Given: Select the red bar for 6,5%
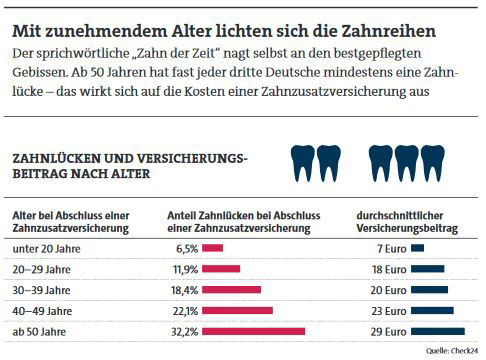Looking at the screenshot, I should [x=212, y=247].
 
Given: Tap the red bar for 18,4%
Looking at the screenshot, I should [x=231, y=289].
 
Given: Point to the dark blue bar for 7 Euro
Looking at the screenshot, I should [x=418, y=247].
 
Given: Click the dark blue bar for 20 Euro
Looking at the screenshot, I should [x=430, y=289].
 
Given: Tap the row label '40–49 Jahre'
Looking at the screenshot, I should [x=40, y=310].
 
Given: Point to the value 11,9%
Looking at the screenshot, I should [x=184, y=268].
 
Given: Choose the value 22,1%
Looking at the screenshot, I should [x=184, y=310].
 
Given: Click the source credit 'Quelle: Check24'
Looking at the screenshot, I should [x=451, y=351].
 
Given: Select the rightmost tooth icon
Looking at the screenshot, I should [x=434, y=161].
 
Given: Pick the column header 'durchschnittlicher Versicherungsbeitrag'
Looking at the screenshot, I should [x=407, y=221].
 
